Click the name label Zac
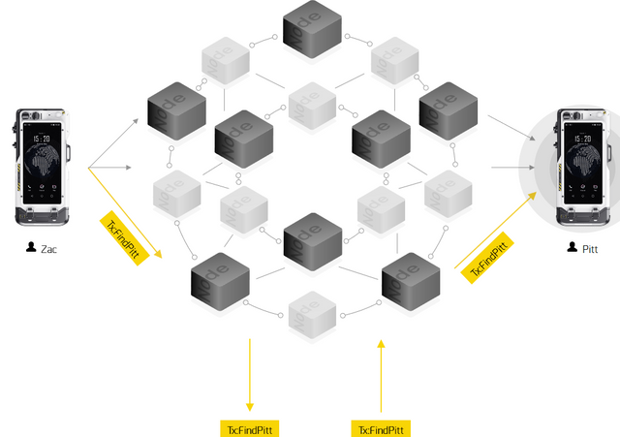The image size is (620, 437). coord(48,249)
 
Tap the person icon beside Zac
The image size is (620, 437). coord(32,249)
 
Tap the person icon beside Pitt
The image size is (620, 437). coord(573,249)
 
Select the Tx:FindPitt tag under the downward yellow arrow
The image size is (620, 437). coord(250,428)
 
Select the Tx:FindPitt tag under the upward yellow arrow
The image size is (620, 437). coord(382,428)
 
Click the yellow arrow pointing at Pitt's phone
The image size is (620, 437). coord(499,228)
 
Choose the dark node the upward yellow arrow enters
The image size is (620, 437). coord(411,280)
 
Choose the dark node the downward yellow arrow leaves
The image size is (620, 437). coord(223,280)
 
